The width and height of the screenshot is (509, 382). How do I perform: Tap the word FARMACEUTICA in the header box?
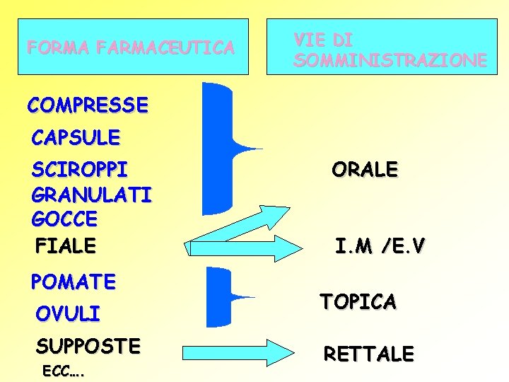pos(166,48)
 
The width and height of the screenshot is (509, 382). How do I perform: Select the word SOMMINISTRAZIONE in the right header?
pos(390,61)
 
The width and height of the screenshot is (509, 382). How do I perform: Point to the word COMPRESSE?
pos(88,105)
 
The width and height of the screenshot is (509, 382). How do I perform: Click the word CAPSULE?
pos(76,137)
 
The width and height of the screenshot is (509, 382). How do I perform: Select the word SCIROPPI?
pos(80,170)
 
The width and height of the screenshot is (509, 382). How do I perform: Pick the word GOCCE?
pos(64,219)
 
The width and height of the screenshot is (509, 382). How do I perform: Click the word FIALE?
pos(65,245)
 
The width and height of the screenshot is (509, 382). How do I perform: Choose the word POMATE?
pos(73,282)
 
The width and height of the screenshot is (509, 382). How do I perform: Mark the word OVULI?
pos(68,313)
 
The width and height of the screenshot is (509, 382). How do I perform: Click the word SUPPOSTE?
pos(88,346)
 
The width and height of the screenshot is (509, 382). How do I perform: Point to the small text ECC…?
pos(64,371)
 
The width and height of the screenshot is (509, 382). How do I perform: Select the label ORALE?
pos(365,170)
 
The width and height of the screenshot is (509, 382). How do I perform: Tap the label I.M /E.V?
pos(380,247)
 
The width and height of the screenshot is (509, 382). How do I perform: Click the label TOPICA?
pos(358,301)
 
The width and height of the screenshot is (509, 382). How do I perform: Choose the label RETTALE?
pos(368,353)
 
